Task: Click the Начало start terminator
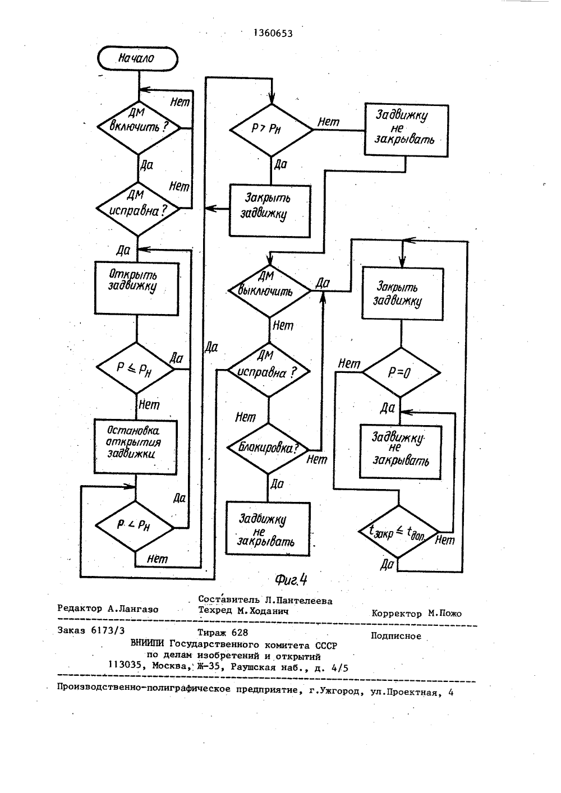click(x=137, y=58)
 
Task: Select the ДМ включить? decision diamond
click(x=139, y=127)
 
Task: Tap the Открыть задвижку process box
click(x=137, y=288)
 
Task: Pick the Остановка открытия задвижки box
click(x=136, y=447)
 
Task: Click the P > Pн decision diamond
click(x=272, y=130)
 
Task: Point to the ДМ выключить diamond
click(x=269, y=291)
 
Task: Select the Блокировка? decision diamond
click(x=268, y=448)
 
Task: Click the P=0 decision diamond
click(x=401, y=372)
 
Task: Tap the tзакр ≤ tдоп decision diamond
click(x=398, y=532)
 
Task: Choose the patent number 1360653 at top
click(x=273, y=33)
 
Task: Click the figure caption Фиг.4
click(x=291, y=580)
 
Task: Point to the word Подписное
click(x=396, y=636)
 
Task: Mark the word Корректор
click(x=397, y=614)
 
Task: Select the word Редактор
click(x=80, y=608)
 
